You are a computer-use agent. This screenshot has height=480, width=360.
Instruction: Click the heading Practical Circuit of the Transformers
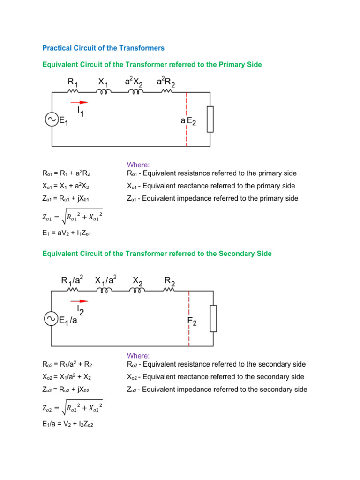point(103,48)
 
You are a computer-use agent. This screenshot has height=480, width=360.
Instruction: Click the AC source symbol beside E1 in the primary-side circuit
point(51,120)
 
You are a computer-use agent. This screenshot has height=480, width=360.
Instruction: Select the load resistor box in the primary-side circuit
point(210,119)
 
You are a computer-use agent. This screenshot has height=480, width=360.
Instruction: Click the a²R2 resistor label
point(166,82)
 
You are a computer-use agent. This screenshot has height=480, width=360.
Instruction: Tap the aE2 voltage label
point(188,121)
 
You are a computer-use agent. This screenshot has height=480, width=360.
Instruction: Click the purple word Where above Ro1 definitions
point(138,165)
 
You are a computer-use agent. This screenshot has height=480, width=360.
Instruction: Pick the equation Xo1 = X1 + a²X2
point(65,186)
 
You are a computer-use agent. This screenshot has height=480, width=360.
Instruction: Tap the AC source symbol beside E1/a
point(51,319)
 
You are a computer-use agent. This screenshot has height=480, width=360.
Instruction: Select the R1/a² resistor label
point(72,281)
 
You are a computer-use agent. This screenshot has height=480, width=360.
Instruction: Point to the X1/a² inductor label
point(105,281)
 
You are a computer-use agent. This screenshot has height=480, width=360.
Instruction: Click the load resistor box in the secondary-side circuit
point(213,319)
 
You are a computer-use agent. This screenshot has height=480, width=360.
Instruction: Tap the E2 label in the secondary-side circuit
point(191,321)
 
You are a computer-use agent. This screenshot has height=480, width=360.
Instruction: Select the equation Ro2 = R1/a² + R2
point(67,364)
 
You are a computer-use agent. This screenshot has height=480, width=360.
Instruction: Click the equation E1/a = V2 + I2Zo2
point(68,427)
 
